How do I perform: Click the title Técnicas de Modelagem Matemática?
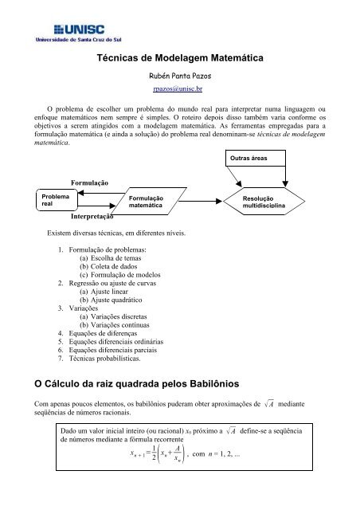coord(179,59)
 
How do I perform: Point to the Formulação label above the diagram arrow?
coord(89,182)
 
